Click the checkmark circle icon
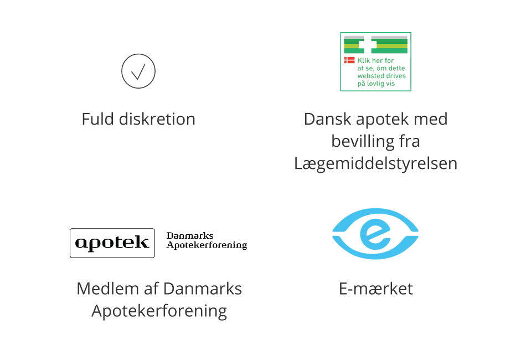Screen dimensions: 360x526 [138, 71]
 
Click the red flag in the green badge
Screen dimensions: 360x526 [349, 60]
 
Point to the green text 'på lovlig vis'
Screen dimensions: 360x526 [376, 84]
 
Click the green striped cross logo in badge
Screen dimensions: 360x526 [375, 44]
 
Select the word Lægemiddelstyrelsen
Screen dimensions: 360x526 [376, 164]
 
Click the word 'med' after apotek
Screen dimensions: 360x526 [432, 119]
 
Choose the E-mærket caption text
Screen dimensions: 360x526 [376, 289]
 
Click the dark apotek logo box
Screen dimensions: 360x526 [112, 243]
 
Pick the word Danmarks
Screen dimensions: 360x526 [203, 289]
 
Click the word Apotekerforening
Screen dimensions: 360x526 [159, 311]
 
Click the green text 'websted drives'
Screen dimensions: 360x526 [381, 76]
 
